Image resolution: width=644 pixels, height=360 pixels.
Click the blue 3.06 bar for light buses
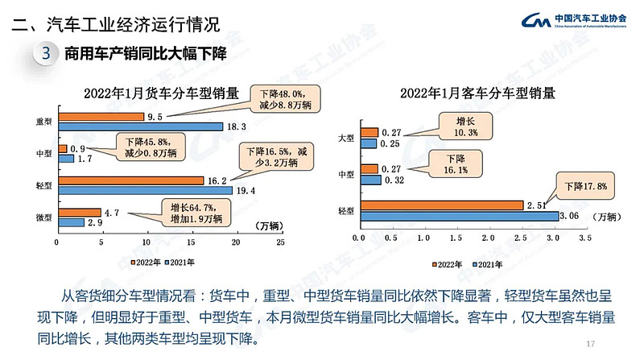click(x=460, y=216)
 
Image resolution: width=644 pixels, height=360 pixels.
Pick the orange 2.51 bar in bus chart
click(x=442, y=205)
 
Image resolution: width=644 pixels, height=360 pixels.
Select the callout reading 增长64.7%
click(x=196, y=212)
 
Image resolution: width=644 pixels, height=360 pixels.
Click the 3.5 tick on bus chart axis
click(x=584, y=238)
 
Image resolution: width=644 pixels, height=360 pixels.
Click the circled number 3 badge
click(x=46, y=54)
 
